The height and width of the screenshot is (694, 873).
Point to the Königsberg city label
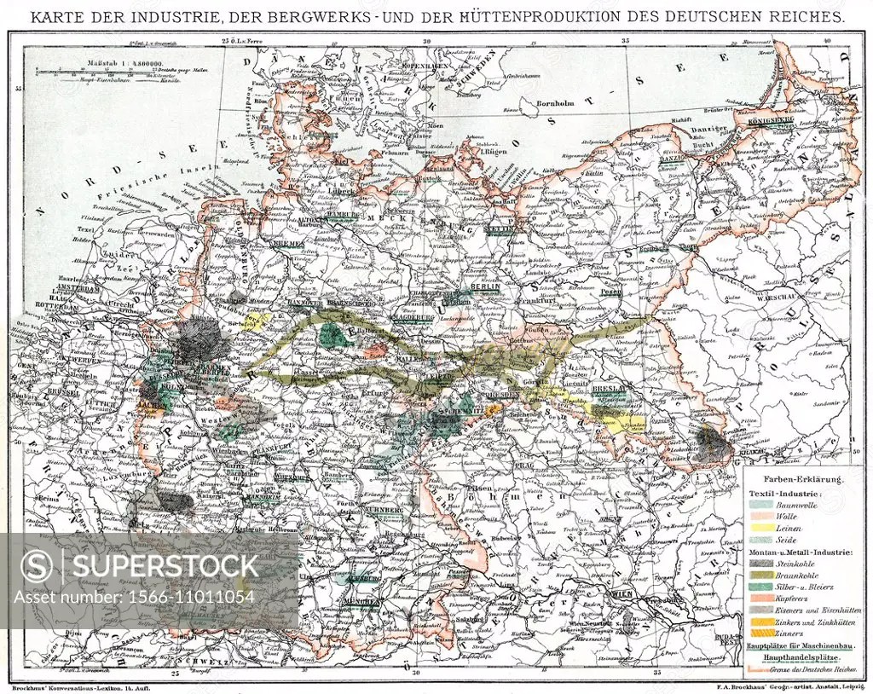tap(771, 121)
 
